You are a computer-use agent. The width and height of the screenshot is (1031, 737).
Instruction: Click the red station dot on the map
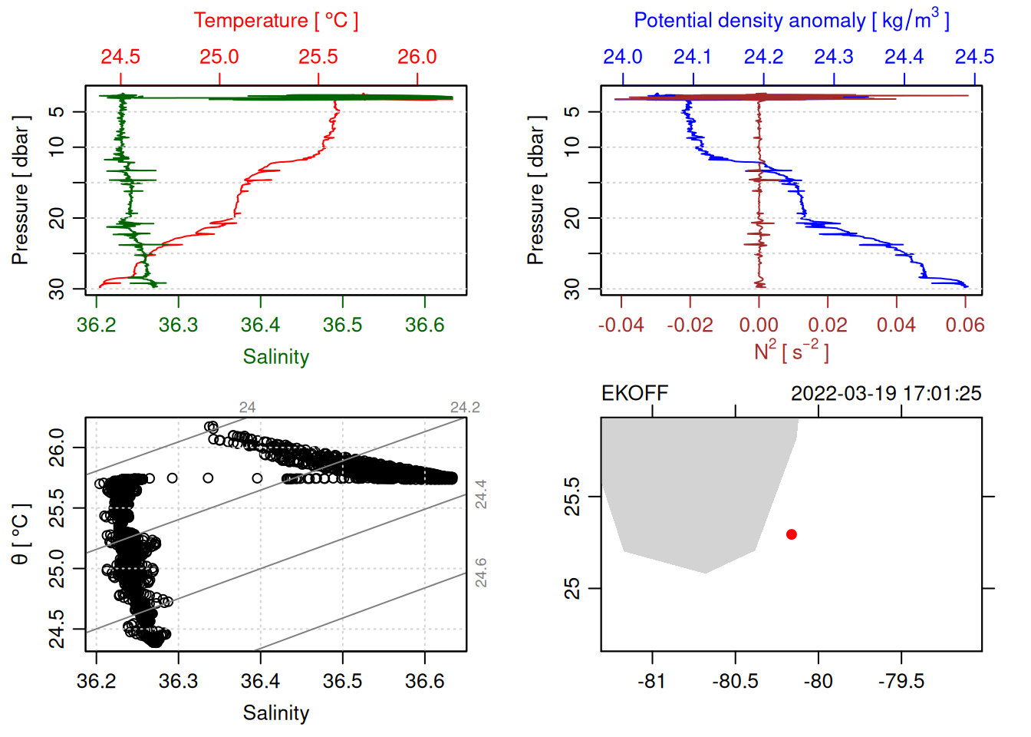[x=791, y=534]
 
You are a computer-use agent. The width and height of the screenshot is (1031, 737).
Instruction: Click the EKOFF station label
[x=634, y=394]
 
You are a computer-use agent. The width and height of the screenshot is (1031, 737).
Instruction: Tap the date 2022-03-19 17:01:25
[x=886, y=394]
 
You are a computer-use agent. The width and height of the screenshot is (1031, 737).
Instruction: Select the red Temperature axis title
[x=275, y=21]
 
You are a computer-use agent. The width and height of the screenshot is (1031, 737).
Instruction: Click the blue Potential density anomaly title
[x=791, y=21]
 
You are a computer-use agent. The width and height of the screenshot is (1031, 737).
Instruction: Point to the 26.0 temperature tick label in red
[x=417, y=57]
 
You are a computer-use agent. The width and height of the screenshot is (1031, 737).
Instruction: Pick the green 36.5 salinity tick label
[x=342, y=325]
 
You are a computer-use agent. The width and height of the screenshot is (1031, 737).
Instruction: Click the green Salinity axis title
[x=275, y=357]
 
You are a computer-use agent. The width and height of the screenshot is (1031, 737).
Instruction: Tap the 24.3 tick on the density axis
[x=834, y=57]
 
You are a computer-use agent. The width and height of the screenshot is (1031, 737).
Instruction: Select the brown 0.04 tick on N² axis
[x=896, y=325]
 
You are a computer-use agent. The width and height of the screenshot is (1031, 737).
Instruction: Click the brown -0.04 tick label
[x=621, y=325]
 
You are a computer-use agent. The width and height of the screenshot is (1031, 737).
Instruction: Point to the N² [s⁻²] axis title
[x=791, y=352]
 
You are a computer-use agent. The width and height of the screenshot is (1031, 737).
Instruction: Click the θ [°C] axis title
[x=21, y=534]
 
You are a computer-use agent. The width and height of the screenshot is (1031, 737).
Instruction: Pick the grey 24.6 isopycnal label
[x=481, y=573]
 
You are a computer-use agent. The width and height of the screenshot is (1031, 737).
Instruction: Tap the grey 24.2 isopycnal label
[x=465, y=408]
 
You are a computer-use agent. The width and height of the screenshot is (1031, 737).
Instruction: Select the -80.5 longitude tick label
[x=735, y=681]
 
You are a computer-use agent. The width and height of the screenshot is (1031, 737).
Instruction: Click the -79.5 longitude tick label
[x=901, y=681]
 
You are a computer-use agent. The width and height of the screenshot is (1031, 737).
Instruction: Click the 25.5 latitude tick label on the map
[x=572, y=497]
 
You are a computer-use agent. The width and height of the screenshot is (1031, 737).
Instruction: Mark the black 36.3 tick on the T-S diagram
[x=178, y=681]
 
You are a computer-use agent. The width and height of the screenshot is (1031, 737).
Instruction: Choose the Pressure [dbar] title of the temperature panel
[x=21, y=190]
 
